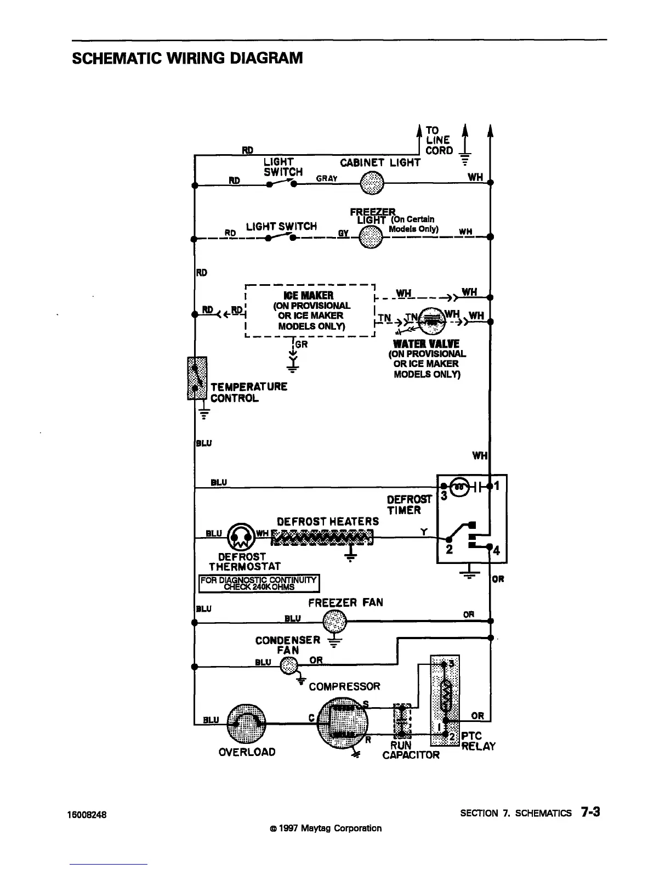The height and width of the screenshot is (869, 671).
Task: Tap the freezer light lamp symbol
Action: point(371,238)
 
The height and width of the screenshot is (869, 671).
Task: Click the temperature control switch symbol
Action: point(197,379)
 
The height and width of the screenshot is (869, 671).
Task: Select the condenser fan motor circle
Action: point(289,667)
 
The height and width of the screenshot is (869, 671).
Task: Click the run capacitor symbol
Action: point(403,720)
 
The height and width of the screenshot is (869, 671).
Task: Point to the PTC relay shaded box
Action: point(445,701)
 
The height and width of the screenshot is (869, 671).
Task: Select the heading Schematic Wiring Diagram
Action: point(187,58)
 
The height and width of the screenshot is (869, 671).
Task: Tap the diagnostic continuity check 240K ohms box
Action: point(259,583)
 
